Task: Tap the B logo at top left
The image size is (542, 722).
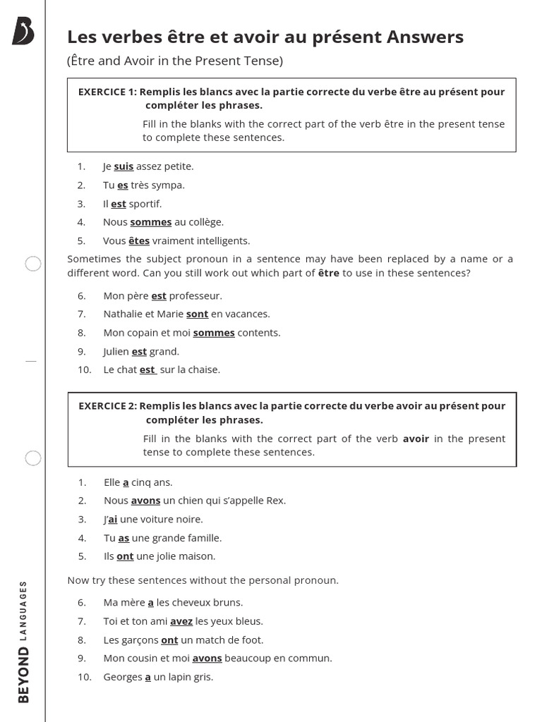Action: [23, 32]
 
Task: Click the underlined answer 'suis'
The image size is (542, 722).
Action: [124, 167]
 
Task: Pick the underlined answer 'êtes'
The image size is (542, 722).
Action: [139, 240]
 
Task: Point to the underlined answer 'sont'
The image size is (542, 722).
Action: [197, 314]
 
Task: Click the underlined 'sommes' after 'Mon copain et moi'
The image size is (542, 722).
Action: [213, 333]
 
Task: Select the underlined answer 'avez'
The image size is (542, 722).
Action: [181, 621]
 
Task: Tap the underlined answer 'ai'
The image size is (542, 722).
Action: [112, 520]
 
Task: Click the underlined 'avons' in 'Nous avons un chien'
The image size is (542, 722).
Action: [145, 501]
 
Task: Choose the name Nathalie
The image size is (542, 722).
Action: [124, 314]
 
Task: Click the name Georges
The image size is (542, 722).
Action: [122, 677]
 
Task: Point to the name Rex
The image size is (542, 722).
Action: [276, 501]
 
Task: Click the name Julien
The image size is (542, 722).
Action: [116, 351]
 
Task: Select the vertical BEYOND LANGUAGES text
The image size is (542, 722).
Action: [23, 642]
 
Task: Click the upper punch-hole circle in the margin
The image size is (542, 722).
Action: [33, 264]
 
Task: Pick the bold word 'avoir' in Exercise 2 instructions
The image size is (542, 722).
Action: [416, 439]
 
